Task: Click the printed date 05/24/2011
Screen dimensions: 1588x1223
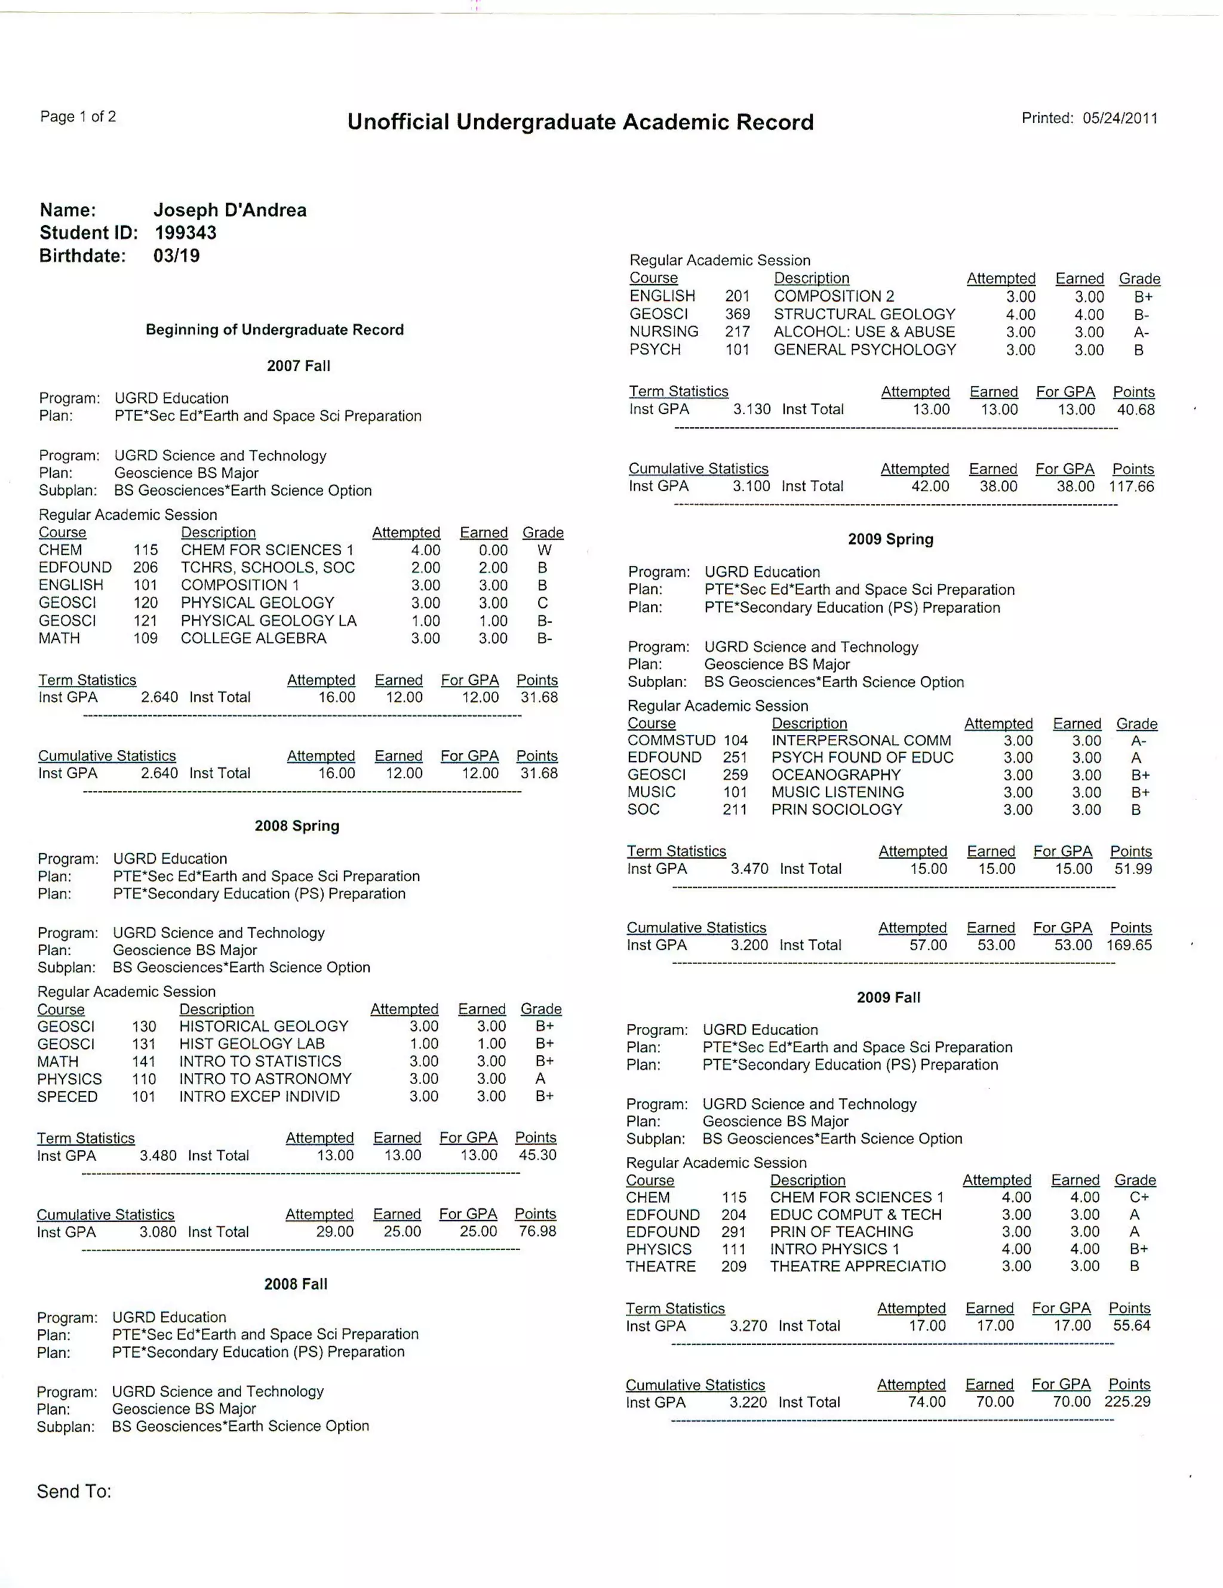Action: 1120,119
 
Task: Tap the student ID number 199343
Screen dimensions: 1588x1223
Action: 185,233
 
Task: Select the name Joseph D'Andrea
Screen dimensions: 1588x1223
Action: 230,210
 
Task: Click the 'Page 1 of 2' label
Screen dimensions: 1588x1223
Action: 78,116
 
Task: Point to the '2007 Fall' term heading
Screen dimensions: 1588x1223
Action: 298,366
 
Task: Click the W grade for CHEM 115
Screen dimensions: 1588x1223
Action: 544,550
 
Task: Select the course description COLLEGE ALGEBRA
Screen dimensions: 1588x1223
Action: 254,638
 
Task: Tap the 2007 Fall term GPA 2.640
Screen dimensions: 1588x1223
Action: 159,697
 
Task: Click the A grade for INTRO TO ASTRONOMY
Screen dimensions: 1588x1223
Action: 540,1079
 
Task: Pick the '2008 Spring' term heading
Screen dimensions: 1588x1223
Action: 297,826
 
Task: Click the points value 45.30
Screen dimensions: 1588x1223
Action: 537,1155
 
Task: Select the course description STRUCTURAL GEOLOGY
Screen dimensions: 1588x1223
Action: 865,314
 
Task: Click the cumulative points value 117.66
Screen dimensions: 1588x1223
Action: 1132,487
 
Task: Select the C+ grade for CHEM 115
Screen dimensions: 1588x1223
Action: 1139,1198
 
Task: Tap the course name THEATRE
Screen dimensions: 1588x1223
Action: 660,1267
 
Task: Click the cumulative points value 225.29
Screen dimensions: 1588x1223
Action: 1127,1402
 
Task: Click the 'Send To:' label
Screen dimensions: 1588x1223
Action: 74,1491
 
